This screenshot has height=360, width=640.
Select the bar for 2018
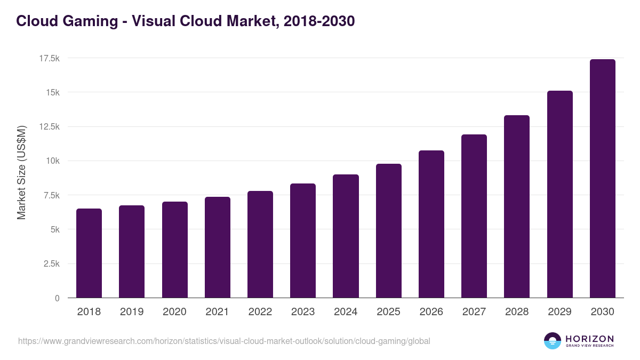click(x=89, y=253)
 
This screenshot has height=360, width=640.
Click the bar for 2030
click(x=602, y=179)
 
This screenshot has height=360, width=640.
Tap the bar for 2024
click(x=346, y=236)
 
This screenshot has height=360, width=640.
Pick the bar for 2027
click(x=474, y=216)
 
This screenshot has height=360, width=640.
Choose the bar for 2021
click(x=218, y=247)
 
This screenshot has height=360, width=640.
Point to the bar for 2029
click(x=559, y=194)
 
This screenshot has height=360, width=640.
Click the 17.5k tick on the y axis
click(x=49, y=58)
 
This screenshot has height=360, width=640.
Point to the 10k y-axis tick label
click(x=52, y=161)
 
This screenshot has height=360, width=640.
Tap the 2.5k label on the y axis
click(x=51, y=264)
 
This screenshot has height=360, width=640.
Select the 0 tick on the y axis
click(x=57, y=298)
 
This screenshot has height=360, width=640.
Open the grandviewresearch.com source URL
click(x=224, y=341)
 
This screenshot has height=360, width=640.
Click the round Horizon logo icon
click(x=553, y=341)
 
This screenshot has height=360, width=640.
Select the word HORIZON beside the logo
click(x=589, y=339)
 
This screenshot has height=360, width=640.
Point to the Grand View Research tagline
click(x=589, y=346)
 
